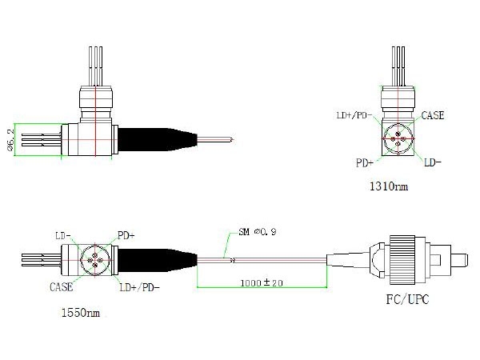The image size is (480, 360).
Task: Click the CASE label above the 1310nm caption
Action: click(433, 116)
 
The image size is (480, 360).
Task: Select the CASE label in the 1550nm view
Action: click(62, 286)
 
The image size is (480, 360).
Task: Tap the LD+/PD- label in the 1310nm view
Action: click(353, 116)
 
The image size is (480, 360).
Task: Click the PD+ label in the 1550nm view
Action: click(126, 235)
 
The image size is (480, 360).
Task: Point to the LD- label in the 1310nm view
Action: click(433, 162)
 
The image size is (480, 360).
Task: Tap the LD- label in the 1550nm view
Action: click(64, 235)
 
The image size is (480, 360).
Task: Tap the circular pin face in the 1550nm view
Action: click(94, 259)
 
